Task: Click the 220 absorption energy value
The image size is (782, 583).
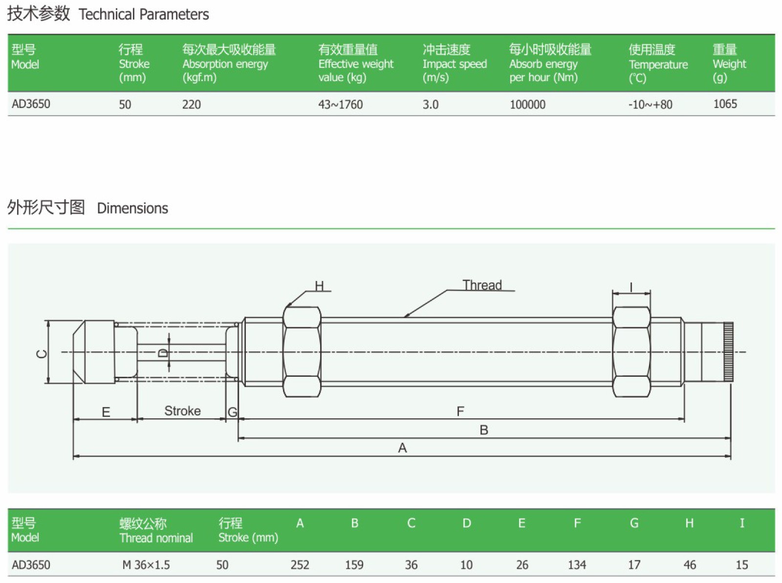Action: click(x=191, y=104)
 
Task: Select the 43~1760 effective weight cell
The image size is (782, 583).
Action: click(x=340, y=104)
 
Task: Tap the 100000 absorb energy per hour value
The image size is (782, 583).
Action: click(x=527, y=104)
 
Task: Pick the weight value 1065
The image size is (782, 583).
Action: click(x=725, y=104)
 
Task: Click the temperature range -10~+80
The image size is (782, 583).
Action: click(x=650, y=104)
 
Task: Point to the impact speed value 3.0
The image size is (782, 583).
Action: click(x=430, y=104)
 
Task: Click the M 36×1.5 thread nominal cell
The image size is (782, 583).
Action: click(x=146, y=565)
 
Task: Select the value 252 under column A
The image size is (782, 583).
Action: click(x=300, y=565)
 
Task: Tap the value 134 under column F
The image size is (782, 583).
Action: click(x=577, y=565)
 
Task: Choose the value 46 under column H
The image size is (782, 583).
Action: click(x=690, y=565)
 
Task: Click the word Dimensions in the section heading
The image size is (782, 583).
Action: click(x=132, y=208)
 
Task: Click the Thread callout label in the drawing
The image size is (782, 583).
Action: click(x=482, y=285)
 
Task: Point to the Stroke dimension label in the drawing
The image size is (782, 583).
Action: click(x=182, y=411)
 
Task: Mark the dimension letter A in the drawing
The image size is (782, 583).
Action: click(x=402, y=448)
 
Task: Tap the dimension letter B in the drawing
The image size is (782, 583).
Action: click(x=484, y=430)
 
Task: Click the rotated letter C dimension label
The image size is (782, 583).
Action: click(x=42, y=354)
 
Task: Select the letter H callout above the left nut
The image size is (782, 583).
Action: click(x=319, y=286)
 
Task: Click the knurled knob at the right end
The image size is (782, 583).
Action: click(x=728, y=352)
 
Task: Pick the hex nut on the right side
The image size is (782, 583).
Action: click(x=631, y=352)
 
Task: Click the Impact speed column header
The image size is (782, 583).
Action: click(x=454, y=63)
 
